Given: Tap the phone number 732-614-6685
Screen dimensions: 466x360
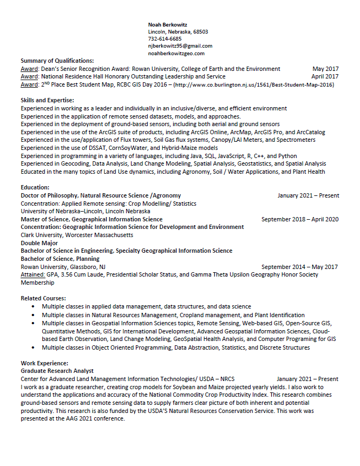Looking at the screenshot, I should pyautogui.click(x=165, y=39).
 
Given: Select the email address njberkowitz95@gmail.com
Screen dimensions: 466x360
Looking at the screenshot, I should pyautogui.click(x=180, y=46).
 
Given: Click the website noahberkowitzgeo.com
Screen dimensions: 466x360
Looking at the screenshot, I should pyautogui.click(x=176, y=54).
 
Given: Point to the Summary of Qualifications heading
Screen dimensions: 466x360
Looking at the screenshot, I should pyautogui.click(x=57, y=61).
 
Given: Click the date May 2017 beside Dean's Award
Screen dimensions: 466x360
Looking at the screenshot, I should pyautogui.click(x=325, y=69).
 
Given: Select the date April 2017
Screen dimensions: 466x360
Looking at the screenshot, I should pyautogui.click(x=325, y=76).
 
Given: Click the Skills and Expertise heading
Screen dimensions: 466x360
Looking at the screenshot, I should pyautogui.click(x=47, y=100).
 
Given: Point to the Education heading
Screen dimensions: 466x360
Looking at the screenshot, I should pyautogui.click(x=35, y=187).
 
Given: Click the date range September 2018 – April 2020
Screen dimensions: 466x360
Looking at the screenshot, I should pyautogui.click(x=300, y=219).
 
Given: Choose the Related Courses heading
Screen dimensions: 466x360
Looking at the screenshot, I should pyautogui.click(x=43, y=298).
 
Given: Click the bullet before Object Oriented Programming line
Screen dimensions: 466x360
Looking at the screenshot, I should pyautogui.click(x=33, y=347).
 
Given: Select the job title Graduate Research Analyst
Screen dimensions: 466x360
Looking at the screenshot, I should pyautogui.click(x=57, y=371).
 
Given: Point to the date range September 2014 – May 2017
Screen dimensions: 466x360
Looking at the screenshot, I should pyautogui.click(x=300, y=267).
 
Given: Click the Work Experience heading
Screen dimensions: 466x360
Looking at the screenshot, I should pyautogui.click(x=44, y=363).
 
